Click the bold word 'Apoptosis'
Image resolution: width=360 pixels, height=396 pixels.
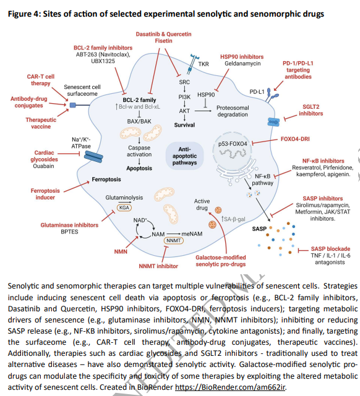pos(139,167)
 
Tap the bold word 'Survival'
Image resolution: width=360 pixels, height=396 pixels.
pos(184,125)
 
